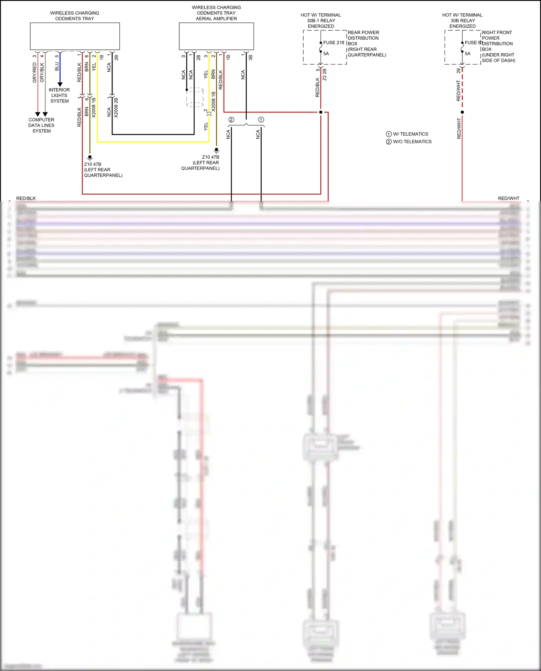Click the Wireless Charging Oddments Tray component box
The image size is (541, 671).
pos(75,36)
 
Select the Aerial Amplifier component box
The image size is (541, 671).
pos(216,36)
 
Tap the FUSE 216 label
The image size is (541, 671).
pos(334,43)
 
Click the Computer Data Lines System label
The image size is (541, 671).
pos(41,125)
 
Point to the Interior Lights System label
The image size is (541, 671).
pos(60,96)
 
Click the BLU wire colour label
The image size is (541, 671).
pos(57,67)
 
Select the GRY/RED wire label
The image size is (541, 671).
pos(35,72)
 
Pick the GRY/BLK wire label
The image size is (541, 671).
pos(42,72)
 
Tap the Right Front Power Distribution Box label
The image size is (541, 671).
pos(498,46)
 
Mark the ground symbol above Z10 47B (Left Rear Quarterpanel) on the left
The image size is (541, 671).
pos(90,158)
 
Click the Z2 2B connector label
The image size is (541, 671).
pos(325,74)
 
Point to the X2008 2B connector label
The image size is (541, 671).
pos(116,107)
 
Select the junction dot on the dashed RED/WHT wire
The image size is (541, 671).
pos(462,112)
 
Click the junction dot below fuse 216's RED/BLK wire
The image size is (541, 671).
pos(321,112)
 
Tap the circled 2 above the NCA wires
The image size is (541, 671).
pos(231,120)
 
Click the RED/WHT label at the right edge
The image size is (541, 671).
pos(509,198)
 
